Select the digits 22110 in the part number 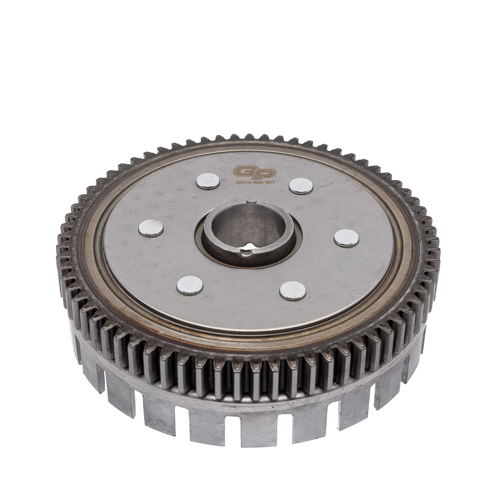coord(243,183)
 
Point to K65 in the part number coord(256,183)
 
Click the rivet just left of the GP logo coord(208,181)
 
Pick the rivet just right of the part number coord(301,186)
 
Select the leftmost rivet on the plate coord(151,228)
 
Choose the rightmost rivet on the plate coord(346,238)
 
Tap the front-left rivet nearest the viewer coord(190,285)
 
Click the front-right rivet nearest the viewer coord(293,291)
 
